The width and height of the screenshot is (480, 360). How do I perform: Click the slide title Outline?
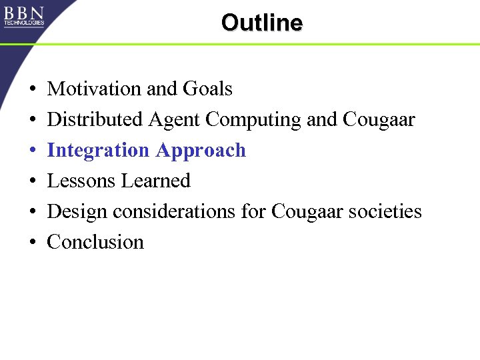[x=261, y=23]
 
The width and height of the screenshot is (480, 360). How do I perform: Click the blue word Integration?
[x=99, y=151]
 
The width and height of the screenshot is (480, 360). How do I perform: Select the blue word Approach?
[x=201, y=151]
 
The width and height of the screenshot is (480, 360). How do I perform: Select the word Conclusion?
[x=95, y=241]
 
